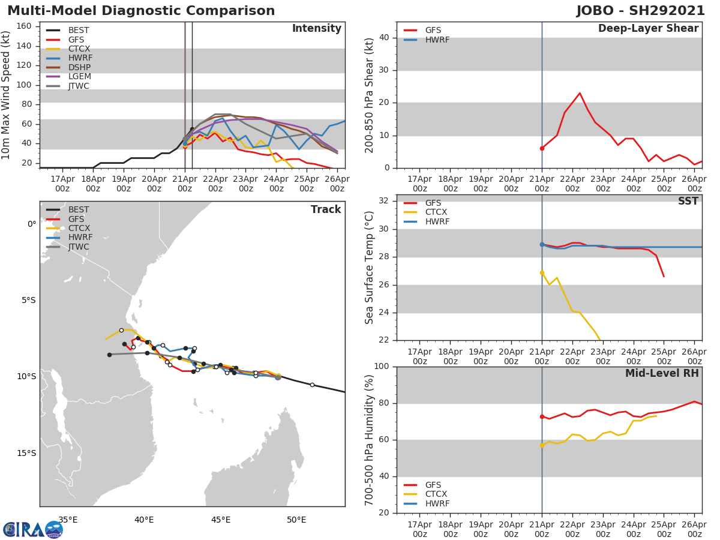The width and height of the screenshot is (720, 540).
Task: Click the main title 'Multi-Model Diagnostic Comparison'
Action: tap(141, 11)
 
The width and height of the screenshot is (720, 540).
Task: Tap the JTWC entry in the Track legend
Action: tap(79, 247)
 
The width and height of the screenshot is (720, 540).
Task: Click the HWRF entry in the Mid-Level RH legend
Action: tap(437, 504)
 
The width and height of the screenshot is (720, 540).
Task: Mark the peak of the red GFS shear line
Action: tap(580, 93)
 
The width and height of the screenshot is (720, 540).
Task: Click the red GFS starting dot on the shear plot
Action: tap(542, 148)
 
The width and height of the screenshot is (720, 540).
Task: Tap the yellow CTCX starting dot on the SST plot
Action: tap(542, 272)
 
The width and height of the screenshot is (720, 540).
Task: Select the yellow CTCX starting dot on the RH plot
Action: tap(542, 445)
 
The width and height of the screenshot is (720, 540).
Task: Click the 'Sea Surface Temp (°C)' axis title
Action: tap(370, 267)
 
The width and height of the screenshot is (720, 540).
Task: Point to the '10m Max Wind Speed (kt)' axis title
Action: tap(7, 95)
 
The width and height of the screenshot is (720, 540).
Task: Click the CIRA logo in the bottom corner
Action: tap(32, 530)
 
